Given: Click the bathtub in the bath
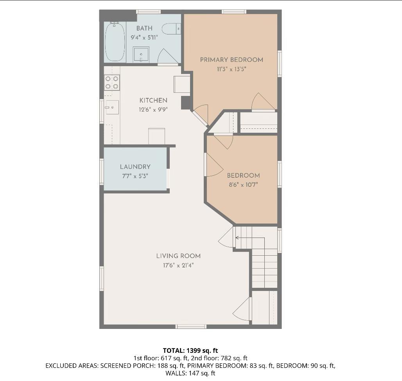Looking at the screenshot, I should click(x=114, y=42).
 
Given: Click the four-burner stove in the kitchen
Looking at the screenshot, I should click(x=112, y=83).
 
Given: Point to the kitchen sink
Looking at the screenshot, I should click(x=112, y=107).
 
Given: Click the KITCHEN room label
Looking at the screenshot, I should click(x=153, y=101).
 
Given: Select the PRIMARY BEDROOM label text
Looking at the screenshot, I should click(x=232, y=60).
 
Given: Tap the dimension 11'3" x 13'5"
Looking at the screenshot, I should click(x=232, y=69).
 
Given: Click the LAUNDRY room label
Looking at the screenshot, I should click(x=135, y=167).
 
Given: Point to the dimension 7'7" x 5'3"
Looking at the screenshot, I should click(x=135, y=176).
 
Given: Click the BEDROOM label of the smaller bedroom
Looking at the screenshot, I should click(x=243, y=175).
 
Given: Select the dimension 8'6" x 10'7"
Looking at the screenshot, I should click(x=243, y=184).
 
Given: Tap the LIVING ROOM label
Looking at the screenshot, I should click(x=178, y=256).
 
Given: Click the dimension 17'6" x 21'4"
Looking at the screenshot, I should click(x=178, y=265).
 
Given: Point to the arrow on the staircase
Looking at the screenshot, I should click(x=237, y=238).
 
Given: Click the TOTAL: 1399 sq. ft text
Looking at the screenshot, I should click(x=190, y=350).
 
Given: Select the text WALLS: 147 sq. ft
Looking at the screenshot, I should click(x=190, y=373).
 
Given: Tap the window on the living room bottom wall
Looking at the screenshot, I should click(x=191, y=326).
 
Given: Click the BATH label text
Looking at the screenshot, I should click(x=144, y=29).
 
